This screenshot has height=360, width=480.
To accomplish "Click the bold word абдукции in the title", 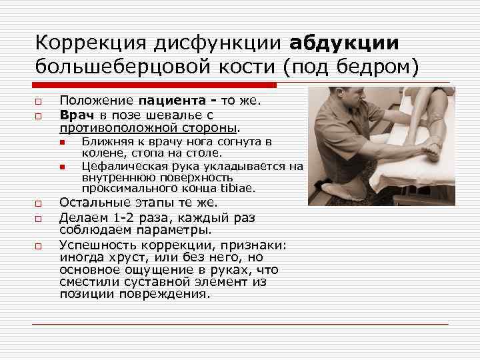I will (345, 43).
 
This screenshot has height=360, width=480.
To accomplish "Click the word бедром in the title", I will (375, 67).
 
